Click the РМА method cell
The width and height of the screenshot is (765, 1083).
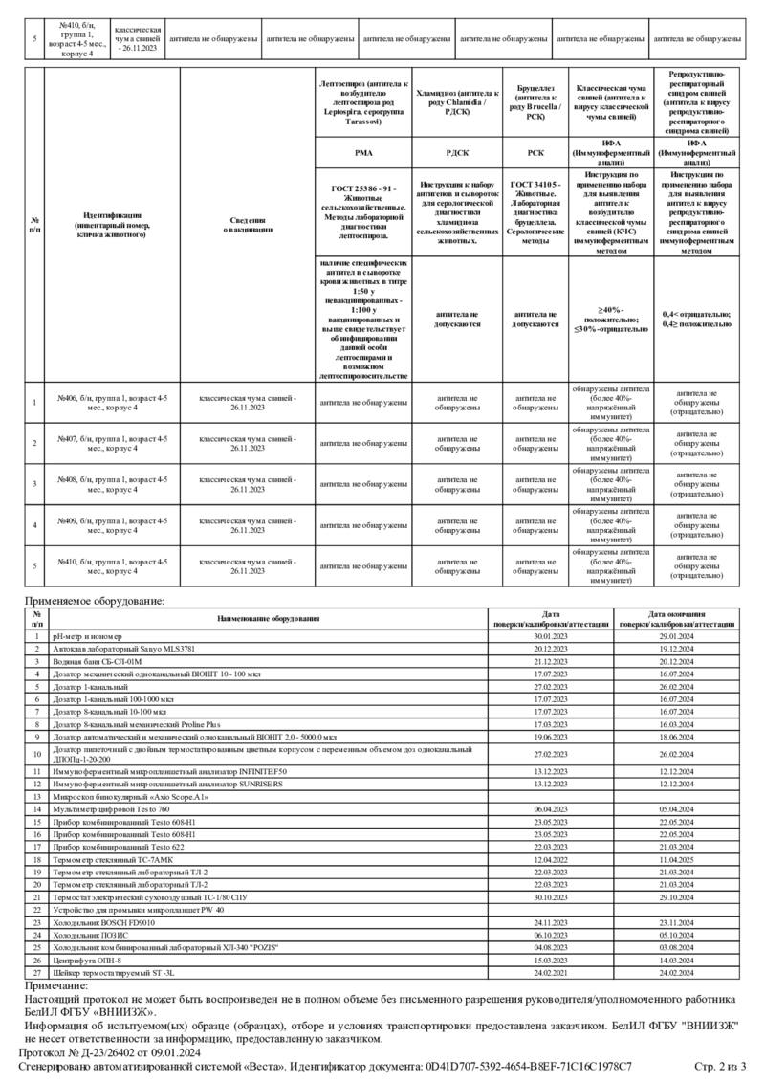[x=363, y=152]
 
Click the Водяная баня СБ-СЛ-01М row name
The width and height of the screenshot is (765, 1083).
[x=97, y=661]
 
